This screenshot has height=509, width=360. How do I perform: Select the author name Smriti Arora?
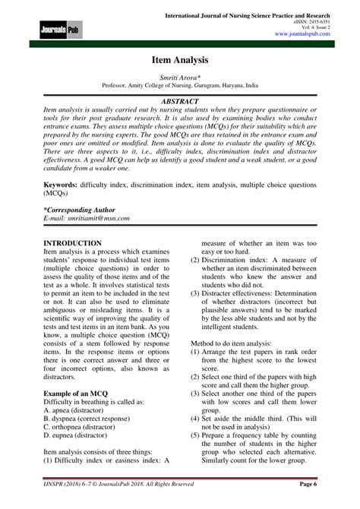179,90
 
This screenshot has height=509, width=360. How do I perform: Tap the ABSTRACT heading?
179,111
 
